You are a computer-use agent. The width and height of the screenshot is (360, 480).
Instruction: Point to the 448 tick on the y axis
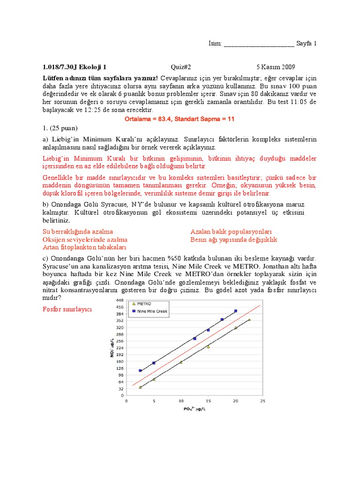coord(120,300)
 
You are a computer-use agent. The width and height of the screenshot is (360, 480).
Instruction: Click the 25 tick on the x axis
coord(262,401)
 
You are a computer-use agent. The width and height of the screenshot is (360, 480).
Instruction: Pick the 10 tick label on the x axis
coord(181,401)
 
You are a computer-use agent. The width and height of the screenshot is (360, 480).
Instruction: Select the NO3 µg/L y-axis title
coord(111,348)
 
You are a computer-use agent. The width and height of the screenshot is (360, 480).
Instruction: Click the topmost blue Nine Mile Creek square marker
coord(236,311)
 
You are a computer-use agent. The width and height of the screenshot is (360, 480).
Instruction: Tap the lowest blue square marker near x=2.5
coord(140,371)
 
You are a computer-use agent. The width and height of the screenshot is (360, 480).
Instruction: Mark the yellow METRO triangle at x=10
coord(181,362)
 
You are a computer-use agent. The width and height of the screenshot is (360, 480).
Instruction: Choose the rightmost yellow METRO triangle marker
coord(249,320)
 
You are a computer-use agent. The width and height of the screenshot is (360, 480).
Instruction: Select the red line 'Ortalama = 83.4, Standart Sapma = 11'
coord(180,119)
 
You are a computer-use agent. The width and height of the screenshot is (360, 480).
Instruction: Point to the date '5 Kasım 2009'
coord(276,67)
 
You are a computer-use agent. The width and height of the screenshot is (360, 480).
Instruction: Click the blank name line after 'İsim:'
coord(259,44)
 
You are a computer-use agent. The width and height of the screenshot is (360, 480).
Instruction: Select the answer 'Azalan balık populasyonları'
coord(231,232)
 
